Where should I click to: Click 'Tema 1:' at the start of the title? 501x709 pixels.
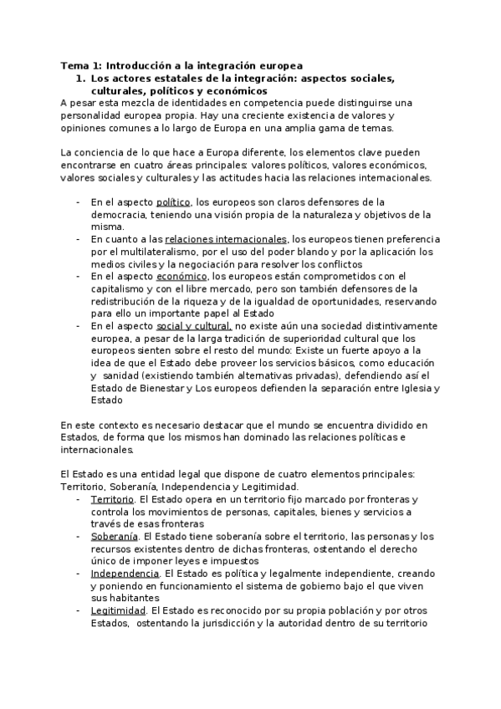[79, 65]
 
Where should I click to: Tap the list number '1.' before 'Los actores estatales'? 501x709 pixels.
[80, 78]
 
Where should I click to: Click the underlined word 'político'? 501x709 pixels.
[174, 202]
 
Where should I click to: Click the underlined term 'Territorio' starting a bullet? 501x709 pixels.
[111, 499]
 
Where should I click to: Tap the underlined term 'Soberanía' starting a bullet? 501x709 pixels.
[115, 536]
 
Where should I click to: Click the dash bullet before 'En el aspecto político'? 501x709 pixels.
[78, 202]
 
